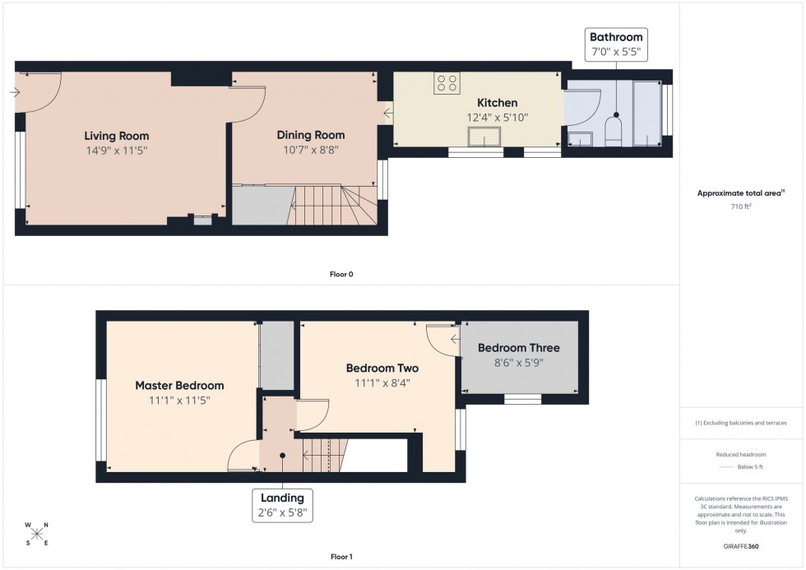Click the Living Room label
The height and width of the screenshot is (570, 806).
coord(117,136)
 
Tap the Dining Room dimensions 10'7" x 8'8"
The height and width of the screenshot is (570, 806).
coord(310,151)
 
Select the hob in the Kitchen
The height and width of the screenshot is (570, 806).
coord(447,83)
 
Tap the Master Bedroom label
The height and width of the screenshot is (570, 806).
coord(179,385)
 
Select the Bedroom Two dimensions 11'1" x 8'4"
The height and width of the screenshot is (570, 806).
coord(382,383)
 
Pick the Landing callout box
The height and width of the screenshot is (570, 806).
coord(283,504)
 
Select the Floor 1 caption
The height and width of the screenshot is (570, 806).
coord(340,557)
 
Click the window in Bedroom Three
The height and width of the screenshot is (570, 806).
coord(522,399)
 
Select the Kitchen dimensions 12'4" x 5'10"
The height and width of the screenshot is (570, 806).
coord(498,118)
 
